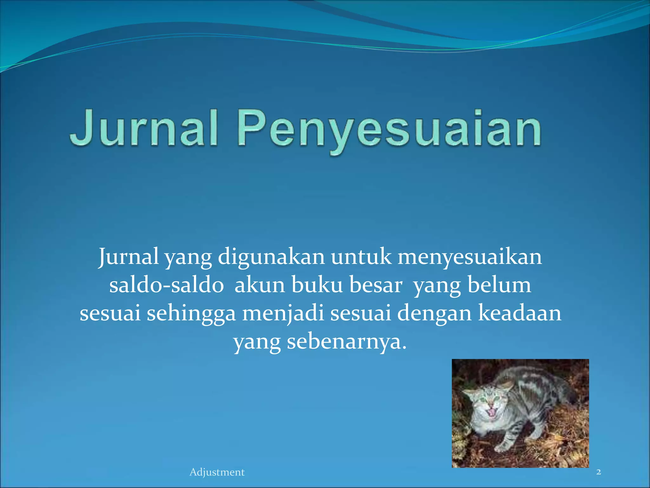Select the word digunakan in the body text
(271, 257)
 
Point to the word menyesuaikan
(470, 257)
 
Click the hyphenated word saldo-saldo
(167, 285)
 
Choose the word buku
(317, 285)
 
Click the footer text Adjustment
(217, 472)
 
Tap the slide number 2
(599, 472)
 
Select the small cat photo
(520, 413)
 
